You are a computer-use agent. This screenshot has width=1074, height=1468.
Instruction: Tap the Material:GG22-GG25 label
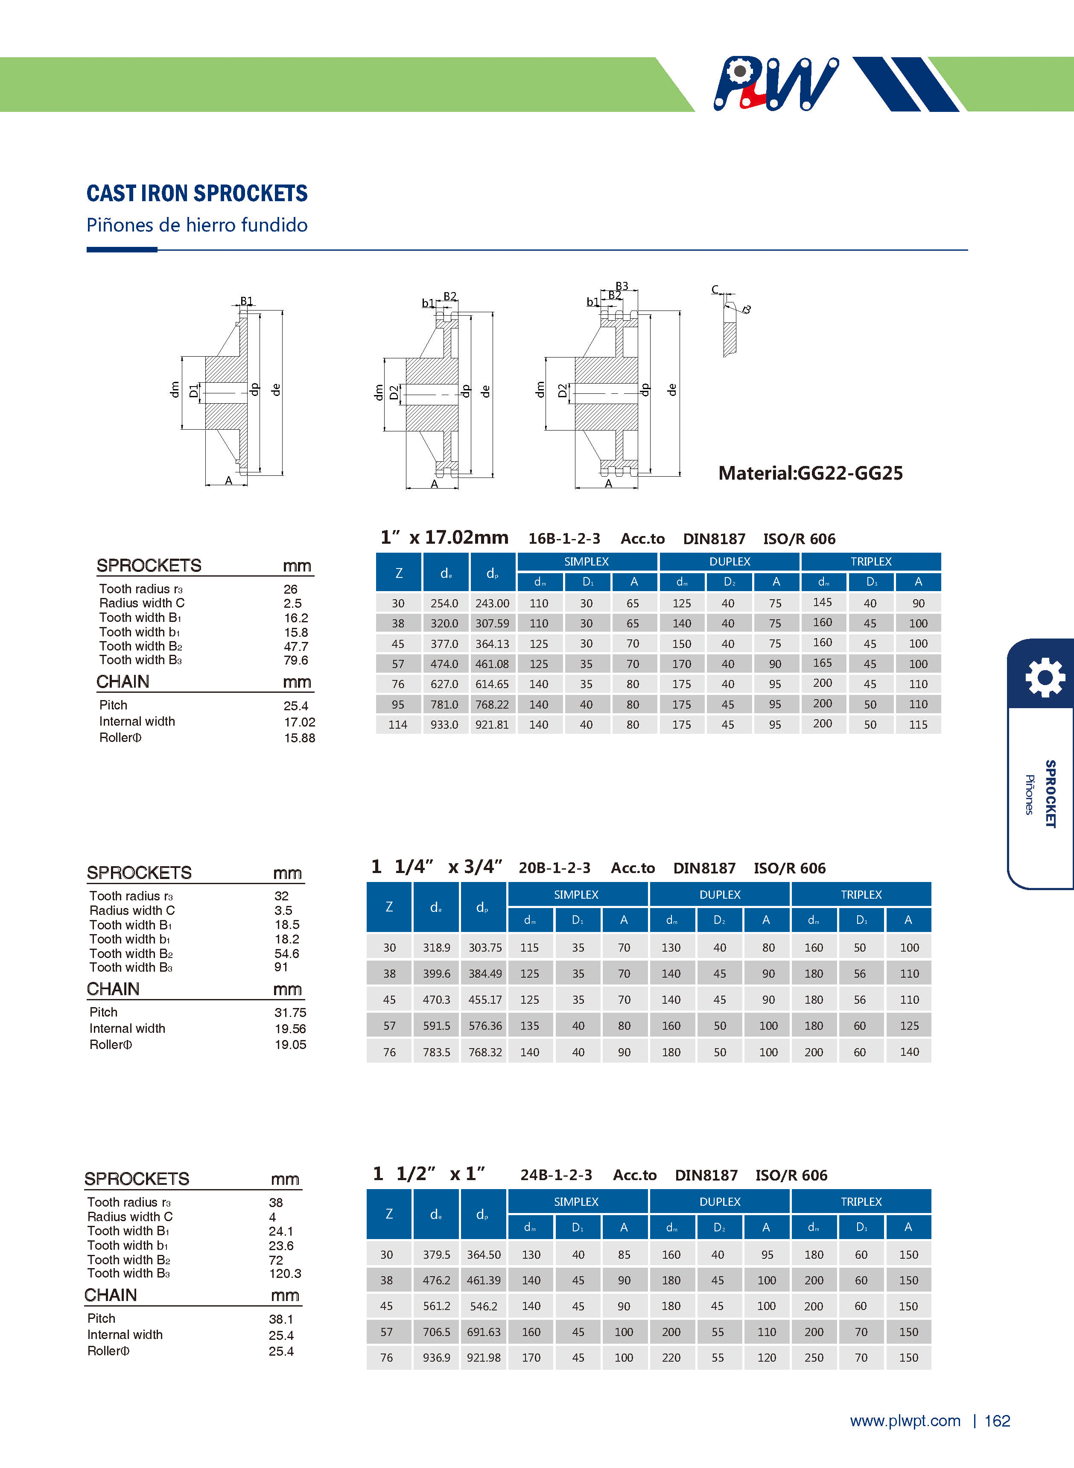pos(810,473)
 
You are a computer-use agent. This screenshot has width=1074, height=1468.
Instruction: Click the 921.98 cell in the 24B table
pos(484,1357)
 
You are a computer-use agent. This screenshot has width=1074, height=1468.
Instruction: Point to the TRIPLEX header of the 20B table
pos(861,894)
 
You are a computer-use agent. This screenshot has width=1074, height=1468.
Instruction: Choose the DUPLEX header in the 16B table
pos(730,561)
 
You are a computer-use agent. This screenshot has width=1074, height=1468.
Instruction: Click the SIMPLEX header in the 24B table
pos(576,1201)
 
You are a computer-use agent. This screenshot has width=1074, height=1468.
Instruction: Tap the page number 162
pos(997,1421)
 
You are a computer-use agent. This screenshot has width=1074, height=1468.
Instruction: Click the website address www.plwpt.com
pos(905,1421)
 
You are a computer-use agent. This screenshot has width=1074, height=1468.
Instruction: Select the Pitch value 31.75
pos(290,1013)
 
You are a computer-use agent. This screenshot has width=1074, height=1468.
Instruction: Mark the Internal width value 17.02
pos(300,722)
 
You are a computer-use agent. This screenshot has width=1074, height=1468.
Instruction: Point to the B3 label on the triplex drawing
pos(622,286)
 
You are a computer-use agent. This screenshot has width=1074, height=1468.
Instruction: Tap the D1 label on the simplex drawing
pos(193,391)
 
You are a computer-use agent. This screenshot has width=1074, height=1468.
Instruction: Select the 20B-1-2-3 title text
pos(555,867)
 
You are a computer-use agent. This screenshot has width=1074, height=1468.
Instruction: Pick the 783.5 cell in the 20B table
pos(436,1052)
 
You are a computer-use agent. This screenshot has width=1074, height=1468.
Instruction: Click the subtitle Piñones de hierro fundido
pos(197,225)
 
